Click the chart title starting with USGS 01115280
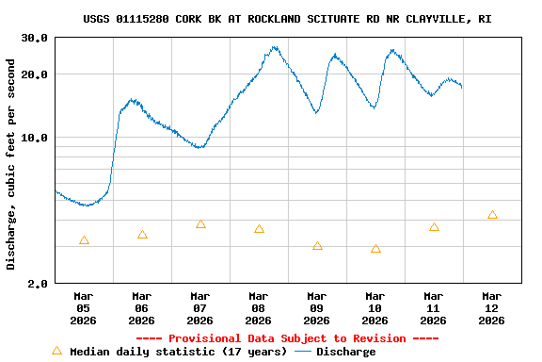[287, 19]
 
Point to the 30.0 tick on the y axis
[35, 38]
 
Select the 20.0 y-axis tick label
[35, 74]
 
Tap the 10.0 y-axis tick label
[35, 138]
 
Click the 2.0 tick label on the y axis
[39, 284]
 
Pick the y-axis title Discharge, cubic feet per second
[11, 164]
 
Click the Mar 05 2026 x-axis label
[84, 307]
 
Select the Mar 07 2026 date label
[200, 307]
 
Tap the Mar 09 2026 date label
[317, 307]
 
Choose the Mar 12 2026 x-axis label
[491, 307]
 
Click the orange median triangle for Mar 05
[84, 240]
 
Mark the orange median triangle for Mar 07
[200, 224]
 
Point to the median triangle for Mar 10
[375, 249]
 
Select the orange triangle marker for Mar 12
[492, 215]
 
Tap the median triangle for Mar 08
[259, 229]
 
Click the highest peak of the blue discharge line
[275, 46]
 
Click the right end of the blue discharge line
[461, 87]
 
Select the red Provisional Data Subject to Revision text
[287, 338]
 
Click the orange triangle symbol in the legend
[56, 351]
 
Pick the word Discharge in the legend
[345, 352]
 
